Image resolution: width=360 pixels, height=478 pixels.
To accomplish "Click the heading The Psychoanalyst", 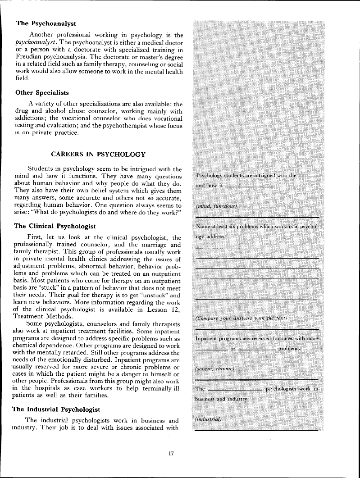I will (46, 23).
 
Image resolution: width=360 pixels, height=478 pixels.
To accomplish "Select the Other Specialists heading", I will (42, 93).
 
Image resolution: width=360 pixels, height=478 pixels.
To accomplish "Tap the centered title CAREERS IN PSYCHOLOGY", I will (98, 155).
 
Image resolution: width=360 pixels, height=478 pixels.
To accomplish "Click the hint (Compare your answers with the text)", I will (242, 319).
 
